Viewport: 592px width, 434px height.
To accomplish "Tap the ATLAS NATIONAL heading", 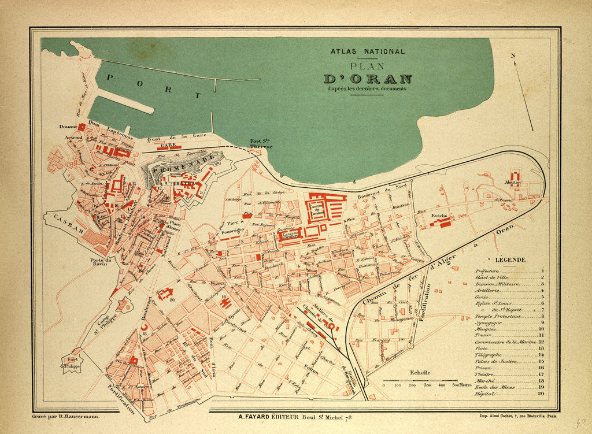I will click(368, 51).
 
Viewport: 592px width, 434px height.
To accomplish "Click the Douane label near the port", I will click(68, 126).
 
